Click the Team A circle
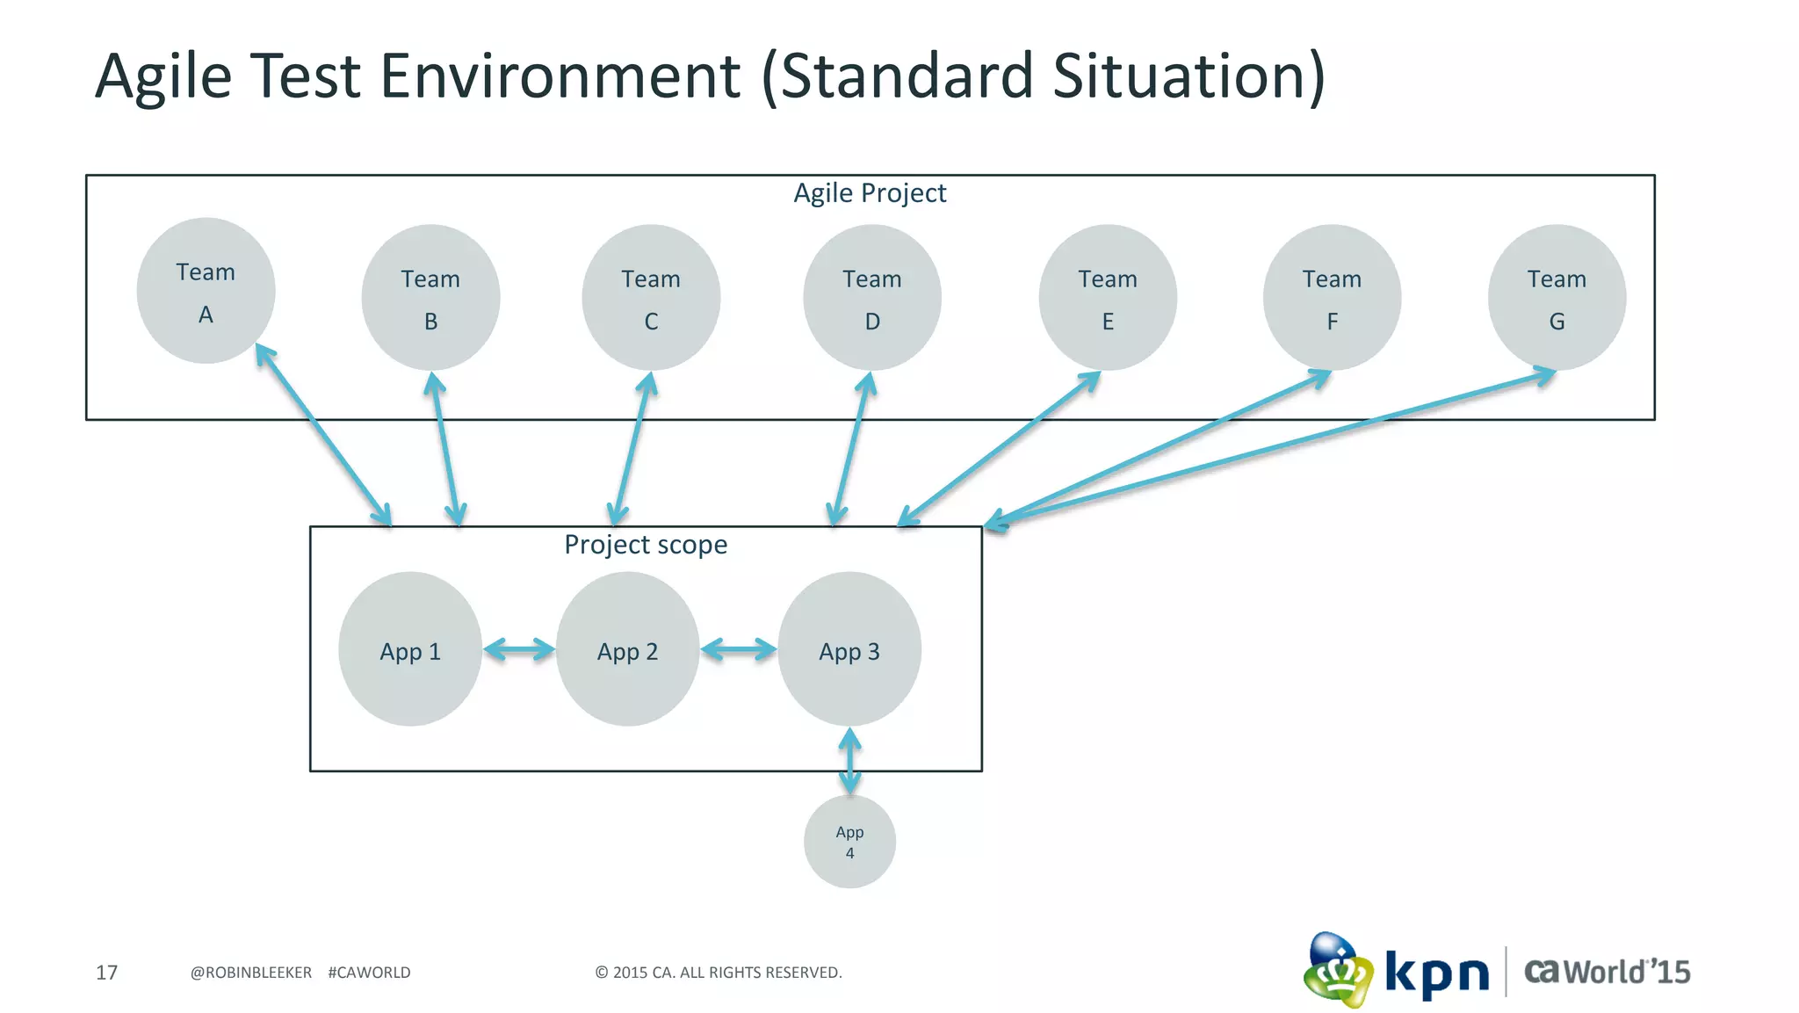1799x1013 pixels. pos(206,291)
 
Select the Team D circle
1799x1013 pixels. pos(871,298)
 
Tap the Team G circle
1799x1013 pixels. pos(1556,298)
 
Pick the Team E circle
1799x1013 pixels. pos(1107,298)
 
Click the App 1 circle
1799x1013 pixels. pos(409,649)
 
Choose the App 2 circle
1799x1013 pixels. pos(627,649)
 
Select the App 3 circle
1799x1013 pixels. pos(849,649)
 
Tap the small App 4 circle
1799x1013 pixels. pos(849,842)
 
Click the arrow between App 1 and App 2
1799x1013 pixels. pos(518,650)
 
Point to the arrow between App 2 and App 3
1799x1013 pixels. pos(738,650)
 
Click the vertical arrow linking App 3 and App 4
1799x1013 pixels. pos(849,761)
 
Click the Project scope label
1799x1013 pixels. pos(646,545)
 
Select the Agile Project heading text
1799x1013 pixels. pos(870,192)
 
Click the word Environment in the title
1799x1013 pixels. pos(560,76)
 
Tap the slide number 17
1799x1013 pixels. pos(106,973)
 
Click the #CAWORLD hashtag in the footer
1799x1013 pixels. pos(369,973)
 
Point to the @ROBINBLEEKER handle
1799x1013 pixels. pos(251,973)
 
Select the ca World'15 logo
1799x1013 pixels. pos(1607,972)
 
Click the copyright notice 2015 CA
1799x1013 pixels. pos(718,973)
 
